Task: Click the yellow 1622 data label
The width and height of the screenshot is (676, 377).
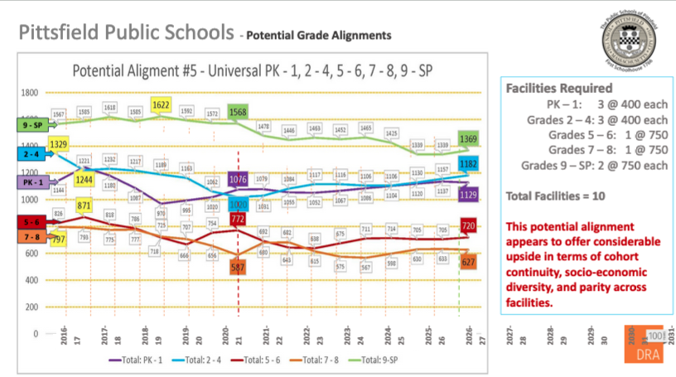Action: pos(162,105)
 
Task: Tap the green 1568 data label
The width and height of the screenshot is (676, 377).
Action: pos(238,112)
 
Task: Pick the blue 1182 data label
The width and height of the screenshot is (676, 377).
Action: pos(469,165)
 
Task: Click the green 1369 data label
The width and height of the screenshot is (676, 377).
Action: pos(469,138)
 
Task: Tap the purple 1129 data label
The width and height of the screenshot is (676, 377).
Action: pos(469,194)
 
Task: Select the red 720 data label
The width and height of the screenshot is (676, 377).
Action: pos(469,225)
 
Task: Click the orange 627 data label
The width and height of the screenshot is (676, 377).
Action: pos(469,262)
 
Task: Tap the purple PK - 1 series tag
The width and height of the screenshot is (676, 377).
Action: pos(30,181)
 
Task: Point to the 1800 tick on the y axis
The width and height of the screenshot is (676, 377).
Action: pos(30,92)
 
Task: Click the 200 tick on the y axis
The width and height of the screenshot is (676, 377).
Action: pos(32,307)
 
